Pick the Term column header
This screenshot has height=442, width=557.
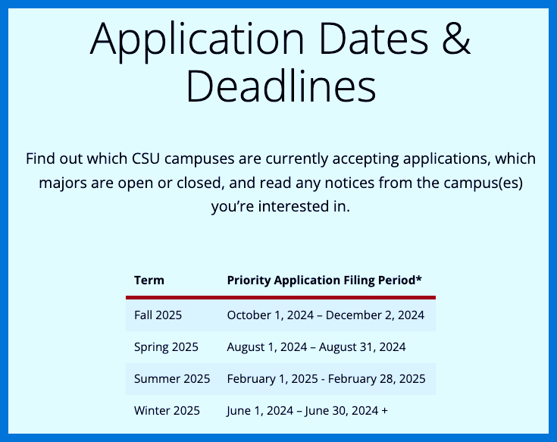(149, 280)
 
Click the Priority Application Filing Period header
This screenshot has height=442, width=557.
(324, 280)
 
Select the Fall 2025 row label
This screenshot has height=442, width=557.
(158, 315)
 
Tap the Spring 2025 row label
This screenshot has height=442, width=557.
(166, 347)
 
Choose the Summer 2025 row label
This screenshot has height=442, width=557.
(172, 378)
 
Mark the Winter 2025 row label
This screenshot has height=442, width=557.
(167, 410)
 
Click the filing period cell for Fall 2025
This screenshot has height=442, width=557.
(325, 315)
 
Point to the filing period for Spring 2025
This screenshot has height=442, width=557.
(316, 347)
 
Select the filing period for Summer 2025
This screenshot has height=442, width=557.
(326, 378)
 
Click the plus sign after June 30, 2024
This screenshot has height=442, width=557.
(385, 410)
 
